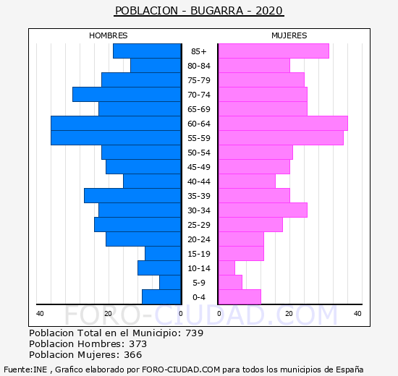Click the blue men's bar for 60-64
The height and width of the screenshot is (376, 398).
pos(116,124)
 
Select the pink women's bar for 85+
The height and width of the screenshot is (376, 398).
pos(274,51)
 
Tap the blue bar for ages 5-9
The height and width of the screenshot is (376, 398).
pos(170,283)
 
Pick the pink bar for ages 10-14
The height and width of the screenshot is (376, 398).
pos(227,268)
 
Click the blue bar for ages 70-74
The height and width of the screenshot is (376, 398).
pos(127,95)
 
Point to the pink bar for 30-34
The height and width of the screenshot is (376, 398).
pos(263,210)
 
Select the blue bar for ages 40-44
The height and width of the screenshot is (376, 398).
pos(152,181)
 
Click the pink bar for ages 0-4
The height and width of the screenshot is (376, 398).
pos(240,297)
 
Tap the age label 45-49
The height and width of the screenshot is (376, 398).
pos(199,167)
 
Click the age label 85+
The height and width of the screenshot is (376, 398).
pos(199,51)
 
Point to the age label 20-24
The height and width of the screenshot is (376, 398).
pos(199,239)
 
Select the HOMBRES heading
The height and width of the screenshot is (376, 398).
pos(109,35)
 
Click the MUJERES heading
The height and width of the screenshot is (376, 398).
pos(289,35)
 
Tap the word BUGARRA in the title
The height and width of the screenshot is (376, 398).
pos(216,11)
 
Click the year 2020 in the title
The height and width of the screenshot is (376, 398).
pos(269,11)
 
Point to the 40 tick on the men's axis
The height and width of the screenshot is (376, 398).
pos(40,314)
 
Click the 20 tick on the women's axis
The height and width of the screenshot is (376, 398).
pos(289,314)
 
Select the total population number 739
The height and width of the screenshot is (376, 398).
pos(195,333)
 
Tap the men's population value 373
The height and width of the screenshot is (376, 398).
pos(137,343)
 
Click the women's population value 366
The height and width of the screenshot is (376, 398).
pos(132,355)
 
